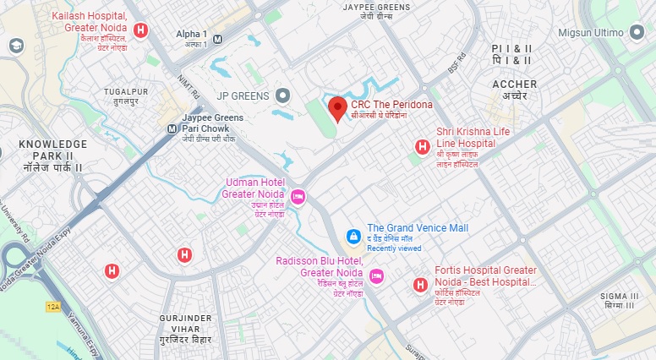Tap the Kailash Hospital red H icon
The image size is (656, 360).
[141, 31]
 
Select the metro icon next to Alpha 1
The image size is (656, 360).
[218, 38]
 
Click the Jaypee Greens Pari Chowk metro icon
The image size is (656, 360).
[172, 128]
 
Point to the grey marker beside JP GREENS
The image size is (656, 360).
[283, 95]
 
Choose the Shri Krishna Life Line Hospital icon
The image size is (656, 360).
[421, 148]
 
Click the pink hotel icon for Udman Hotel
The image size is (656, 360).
[298, 197]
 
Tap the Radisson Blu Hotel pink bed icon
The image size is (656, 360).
[377, 275]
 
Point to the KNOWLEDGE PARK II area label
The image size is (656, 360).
[52, 150]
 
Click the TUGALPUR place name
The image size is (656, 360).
[125, 90]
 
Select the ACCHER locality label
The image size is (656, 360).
[514, 85]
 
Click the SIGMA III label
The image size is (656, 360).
[617, 296]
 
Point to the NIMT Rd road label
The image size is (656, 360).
[188, 85]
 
